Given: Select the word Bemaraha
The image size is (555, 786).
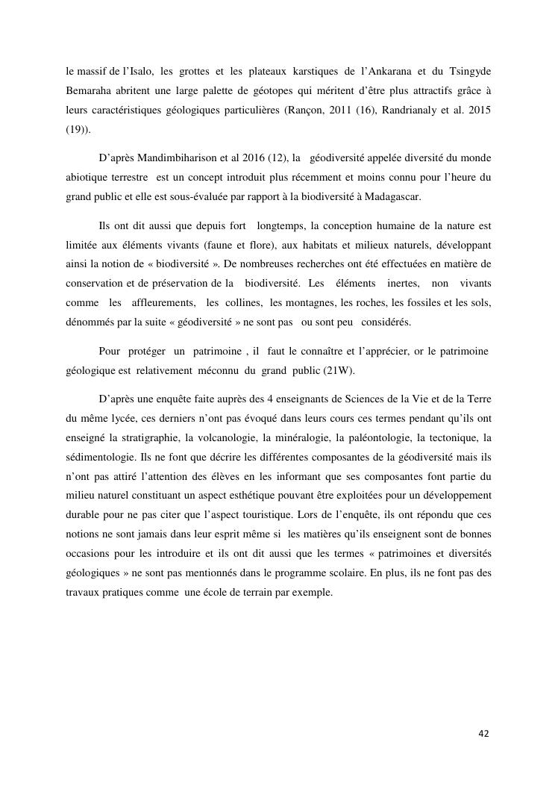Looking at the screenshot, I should [88, 90].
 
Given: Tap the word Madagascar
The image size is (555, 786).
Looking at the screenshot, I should [394, 196].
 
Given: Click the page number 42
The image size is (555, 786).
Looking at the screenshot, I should [483, 734].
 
